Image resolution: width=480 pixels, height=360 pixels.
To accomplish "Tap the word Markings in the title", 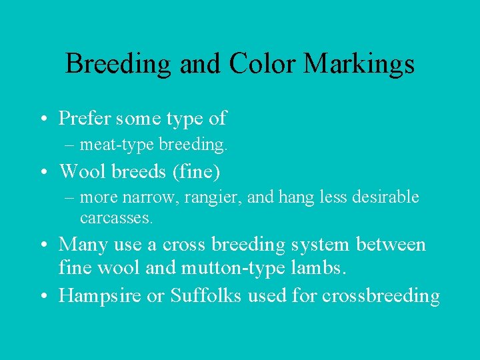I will click(359, 64).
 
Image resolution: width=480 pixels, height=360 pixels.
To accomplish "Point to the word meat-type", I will click(109, 143).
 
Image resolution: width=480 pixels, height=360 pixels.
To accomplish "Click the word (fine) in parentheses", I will click(196, 171).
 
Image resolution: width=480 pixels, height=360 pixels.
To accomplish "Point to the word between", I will click(391, 245).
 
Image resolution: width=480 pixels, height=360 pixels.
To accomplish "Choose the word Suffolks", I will click(205, 296).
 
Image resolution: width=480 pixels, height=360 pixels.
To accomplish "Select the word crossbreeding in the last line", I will click(381, 296).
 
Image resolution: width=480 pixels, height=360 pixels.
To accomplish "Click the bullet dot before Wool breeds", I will click(43, 172).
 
